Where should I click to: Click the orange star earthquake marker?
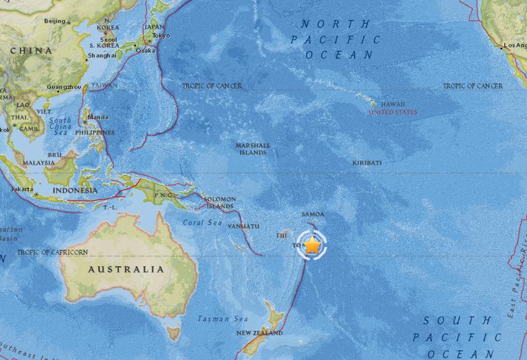pos(312,245)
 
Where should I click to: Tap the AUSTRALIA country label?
pos(126,269)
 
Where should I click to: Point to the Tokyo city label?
pos(161,36)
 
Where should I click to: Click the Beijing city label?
pos(55,21)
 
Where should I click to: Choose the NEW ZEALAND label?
pos(259,333)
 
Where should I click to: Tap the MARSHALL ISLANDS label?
pos(253,149)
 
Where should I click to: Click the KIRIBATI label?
pos(366,163)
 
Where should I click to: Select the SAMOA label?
pos(312,214)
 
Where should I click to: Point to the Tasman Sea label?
pos(212,319)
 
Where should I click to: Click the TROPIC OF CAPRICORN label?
pos(52,252)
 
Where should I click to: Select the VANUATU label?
pos(244,226)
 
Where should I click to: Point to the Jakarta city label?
pos(23,188)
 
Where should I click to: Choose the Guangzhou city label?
pos(65,87)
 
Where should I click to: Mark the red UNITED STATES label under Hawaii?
pos(393,112)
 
